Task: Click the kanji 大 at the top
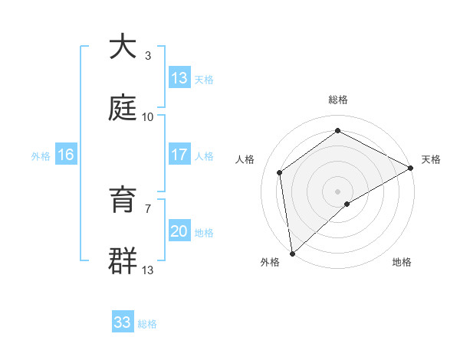click(123, 47)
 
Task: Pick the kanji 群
click(123, 261)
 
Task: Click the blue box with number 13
click(179, 77)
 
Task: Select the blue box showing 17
click(179, 155)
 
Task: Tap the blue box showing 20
click(179, 231)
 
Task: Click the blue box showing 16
click(66, 155)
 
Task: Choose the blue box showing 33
click(123, 322)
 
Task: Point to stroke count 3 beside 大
click(147, 56)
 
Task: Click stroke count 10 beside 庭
click(147, 117)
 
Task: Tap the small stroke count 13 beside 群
click(147, 270)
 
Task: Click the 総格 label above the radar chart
click(337, 100)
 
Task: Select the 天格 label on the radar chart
click(431, 159)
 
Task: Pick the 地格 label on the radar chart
click(402, 262)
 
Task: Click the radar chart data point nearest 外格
click(292, 254)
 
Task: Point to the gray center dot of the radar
click(337, 191)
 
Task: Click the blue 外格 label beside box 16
click(41, 155)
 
